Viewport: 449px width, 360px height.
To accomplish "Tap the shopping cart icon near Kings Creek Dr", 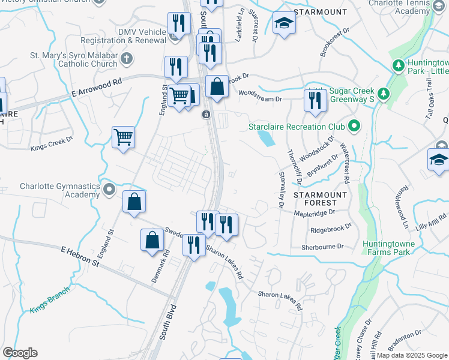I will (x=123, y=137).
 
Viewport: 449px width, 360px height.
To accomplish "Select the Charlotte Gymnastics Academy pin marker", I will (x=109, y=190).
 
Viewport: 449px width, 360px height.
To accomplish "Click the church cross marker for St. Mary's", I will (x=126, y=58).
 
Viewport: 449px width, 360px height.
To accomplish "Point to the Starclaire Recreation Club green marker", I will (x=354, y=127).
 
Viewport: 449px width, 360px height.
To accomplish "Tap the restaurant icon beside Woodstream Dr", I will (x=315, y=103).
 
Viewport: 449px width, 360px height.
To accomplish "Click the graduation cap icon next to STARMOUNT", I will (x=284, y=24).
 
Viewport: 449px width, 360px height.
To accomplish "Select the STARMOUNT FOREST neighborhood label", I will (x=320, y=199).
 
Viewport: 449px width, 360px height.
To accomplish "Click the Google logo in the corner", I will (x=20, y=353).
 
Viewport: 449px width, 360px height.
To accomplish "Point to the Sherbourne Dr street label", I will (x=323, y=247).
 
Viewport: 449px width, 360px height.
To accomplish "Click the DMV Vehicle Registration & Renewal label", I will (x=142, y=36).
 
